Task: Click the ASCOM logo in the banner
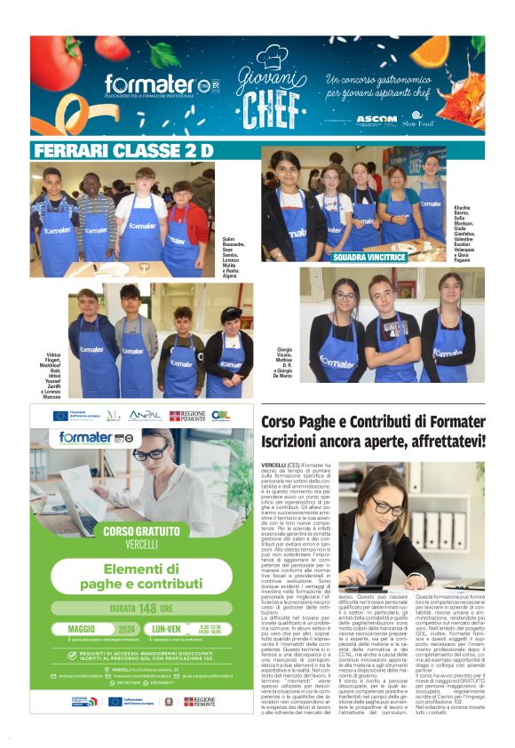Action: click(x=376, y=118)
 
